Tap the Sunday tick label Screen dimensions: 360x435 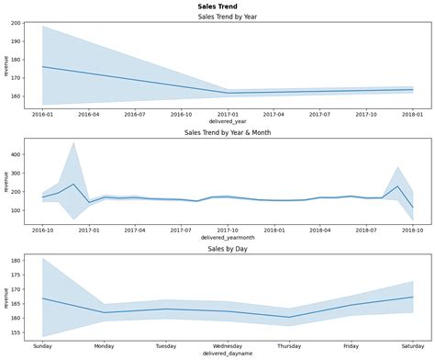click(43, 345)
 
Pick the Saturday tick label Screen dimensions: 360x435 click(413, 345)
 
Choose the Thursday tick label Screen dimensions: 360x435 click(290, 345)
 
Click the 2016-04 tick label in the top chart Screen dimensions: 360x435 click(89, 114)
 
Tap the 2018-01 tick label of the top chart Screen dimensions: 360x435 click(413, 114)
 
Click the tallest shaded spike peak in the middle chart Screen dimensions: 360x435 click(73, 142)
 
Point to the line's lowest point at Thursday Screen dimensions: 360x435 click(290, 318)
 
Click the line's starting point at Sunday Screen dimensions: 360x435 click(43, 298)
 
